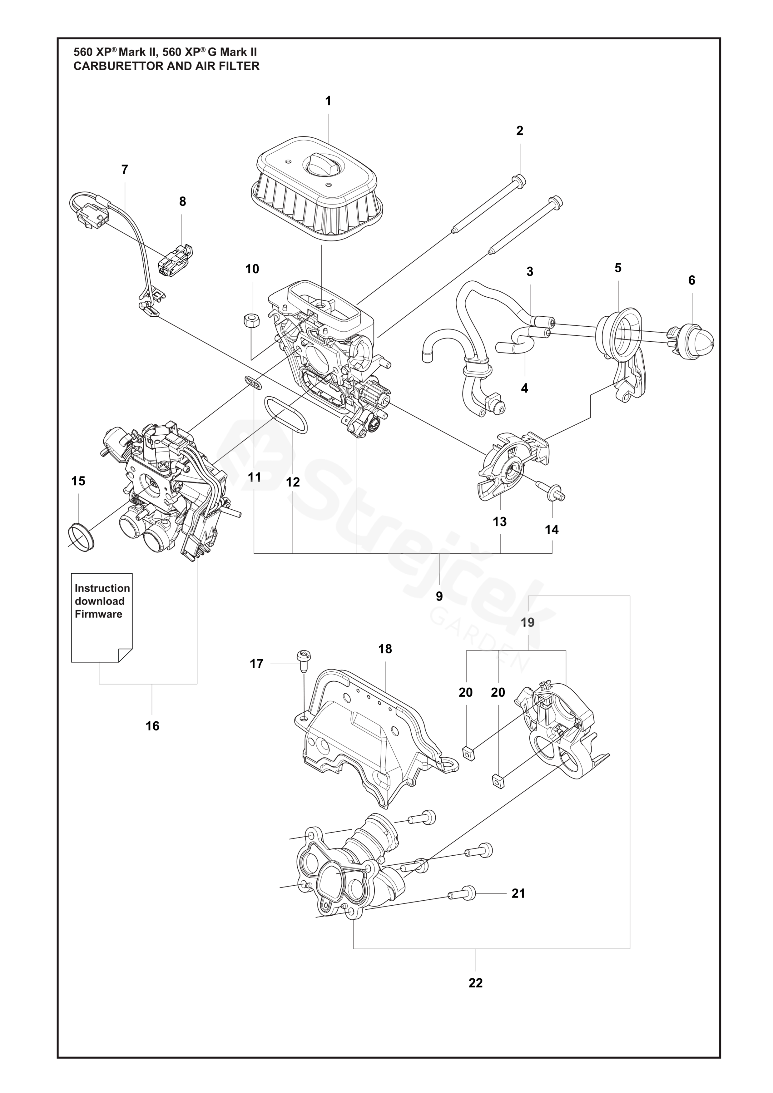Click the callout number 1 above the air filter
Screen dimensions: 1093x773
point(328,101)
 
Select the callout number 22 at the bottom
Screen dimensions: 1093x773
point(475,982)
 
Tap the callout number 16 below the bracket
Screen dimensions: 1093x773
point(152,726)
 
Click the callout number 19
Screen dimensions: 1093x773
point(528,622)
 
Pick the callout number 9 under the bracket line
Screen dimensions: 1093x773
point(439,596)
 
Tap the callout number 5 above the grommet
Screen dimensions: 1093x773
point(618,268)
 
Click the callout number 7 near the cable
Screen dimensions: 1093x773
point(125,170)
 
